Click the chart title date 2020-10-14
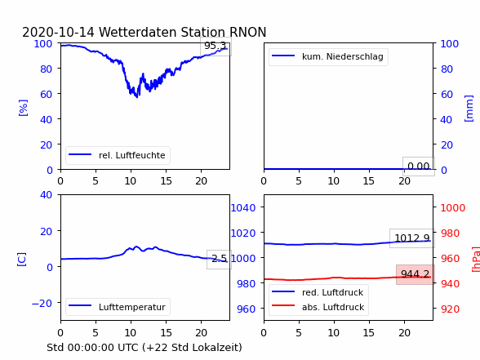coord(59,32)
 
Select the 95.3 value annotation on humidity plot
coord(216,46)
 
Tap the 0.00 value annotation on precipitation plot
coord(419,167)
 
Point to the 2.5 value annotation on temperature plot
coord(219,259)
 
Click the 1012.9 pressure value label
coord(412,238)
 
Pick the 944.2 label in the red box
coord(415,274)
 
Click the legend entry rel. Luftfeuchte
coord(118,155)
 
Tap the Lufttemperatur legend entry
coord(118,307)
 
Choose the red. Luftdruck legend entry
coord(318,292)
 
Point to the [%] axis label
coord(23,108)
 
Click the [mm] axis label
coord(469,109)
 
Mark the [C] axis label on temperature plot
coord(22,260)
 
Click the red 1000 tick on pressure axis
coord(453,208)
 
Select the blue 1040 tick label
coord(243,208)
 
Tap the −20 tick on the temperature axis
coord(42,303)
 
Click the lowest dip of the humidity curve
coord(137,96)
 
